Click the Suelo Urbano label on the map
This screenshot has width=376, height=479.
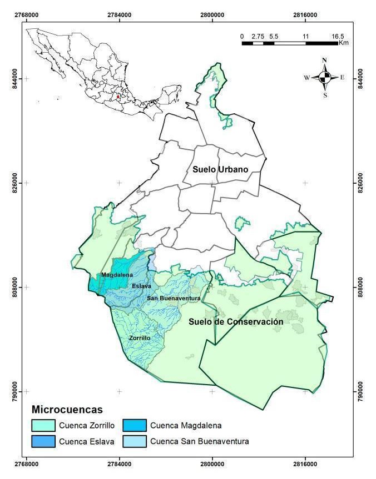coord(220,169)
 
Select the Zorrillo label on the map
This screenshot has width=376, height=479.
coord(140,337)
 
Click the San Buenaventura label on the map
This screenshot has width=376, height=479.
coord(174,299)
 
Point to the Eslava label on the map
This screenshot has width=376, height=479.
coord(141,286)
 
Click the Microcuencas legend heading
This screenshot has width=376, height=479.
coord(67,410)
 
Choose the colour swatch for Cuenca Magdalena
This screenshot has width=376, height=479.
coord(131,426)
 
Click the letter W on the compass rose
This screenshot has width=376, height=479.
coord(306,78)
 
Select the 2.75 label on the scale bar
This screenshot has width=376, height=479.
coord(258,36)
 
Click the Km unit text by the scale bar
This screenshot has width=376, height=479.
coord(343,43)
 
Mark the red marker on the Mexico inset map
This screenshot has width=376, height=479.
coord(118,96)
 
